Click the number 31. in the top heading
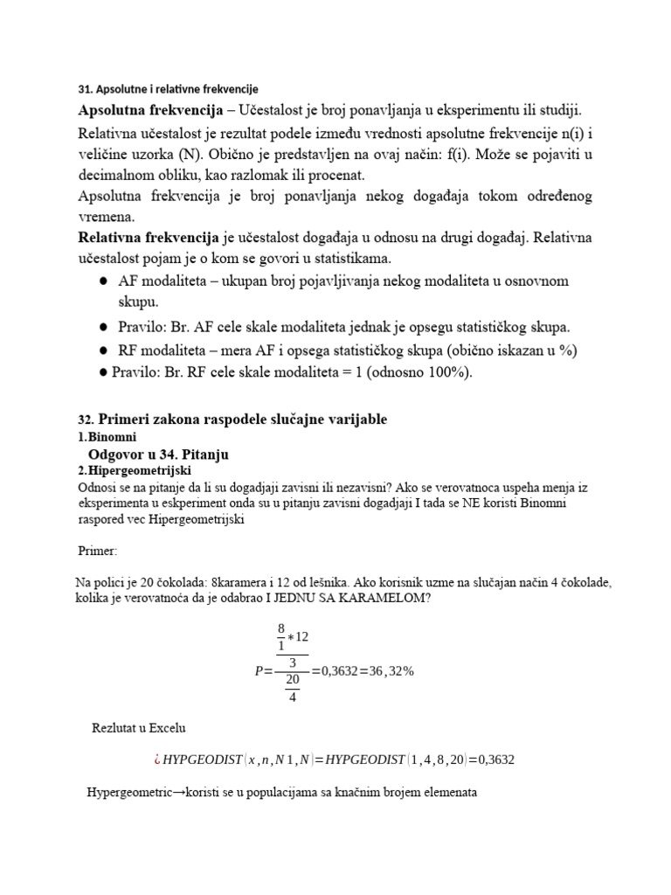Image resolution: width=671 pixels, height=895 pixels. (x=86, y=89)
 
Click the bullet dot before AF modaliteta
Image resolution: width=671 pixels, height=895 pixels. (x=102, y=281)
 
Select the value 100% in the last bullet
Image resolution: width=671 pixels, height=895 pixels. (x=446, y=371)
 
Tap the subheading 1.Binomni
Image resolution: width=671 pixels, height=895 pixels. (x=108, y=436)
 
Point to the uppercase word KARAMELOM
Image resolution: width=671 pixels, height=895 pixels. (x=384, y=599)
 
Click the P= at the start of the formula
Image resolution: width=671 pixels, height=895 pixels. (x=263, y=671)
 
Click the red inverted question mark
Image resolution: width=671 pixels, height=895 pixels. (x=158, y=760)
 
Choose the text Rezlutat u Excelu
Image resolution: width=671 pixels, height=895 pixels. (x=139, y=727)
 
